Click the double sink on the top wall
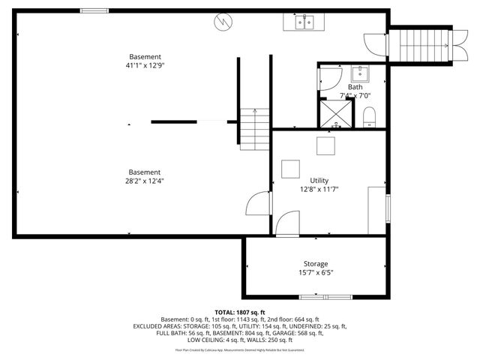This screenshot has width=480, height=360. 303,22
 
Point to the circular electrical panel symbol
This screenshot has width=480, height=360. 222,22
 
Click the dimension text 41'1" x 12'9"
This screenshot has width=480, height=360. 145,65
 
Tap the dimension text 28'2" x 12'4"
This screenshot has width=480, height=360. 144,180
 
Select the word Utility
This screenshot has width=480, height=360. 319,181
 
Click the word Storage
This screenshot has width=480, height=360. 315,264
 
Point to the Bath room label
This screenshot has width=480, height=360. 354,87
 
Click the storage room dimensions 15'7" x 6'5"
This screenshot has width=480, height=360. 315,273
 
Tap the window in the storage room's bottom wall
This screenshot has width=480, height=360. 315,297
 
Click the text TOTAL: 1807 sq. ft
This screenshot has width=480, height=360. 240,312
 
